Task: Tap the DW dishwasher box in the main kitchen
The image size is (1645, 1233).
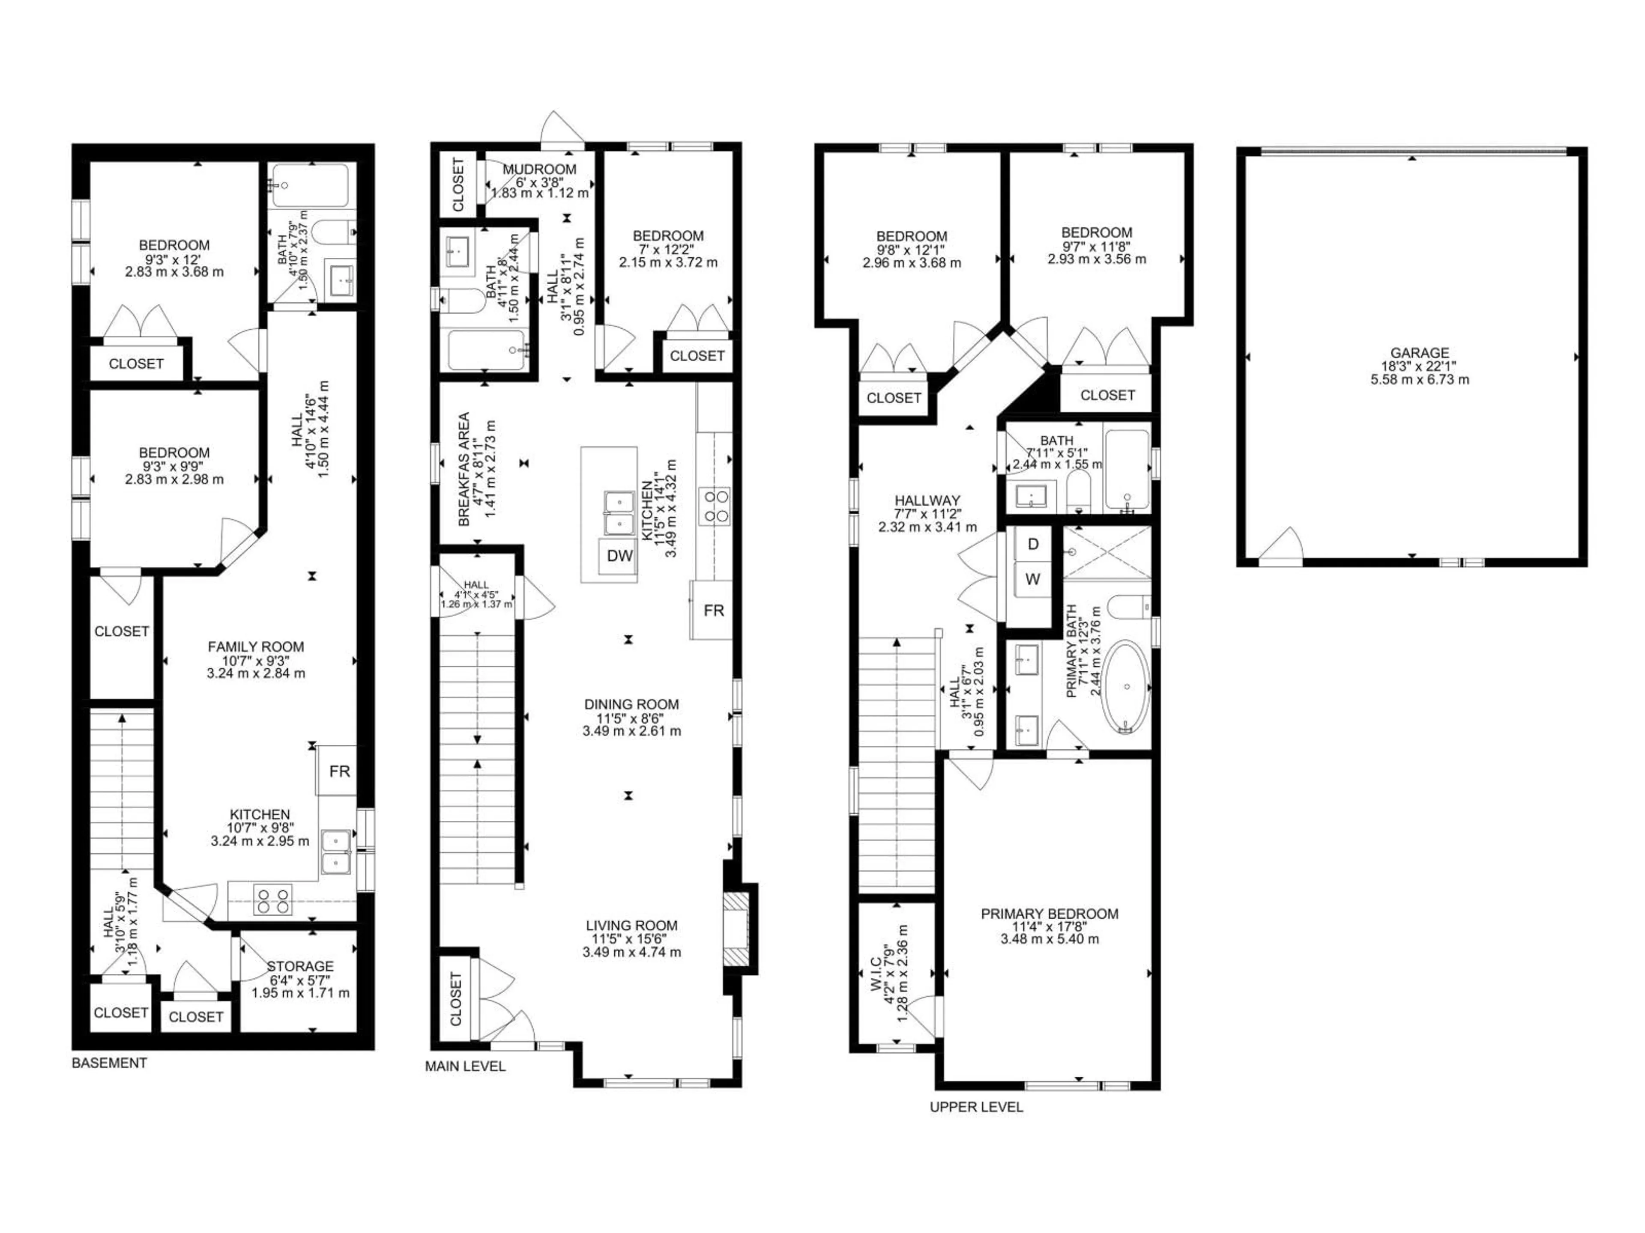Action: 619,556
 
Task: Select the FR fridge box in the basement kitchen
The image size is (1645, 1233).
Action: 339,771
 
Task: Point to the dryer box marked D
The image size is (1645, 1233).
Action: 1033,544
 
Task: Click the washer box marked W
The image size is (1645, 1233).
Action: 1033,579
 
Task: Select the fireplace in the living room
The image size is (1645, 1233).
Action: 739,929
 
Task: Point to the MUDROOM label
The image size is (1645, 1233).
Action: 539,170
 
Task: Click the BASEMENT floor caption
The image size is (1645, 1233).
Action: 109,1063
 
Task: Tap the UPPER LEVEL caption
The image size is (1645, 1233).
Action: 976,1107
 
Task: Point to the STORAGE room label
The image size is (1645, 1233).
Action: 300,966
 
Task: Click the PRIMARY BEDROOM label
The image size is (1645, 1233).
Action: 1049,914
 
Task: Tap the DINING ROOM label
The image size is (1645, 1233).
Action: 631,704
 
